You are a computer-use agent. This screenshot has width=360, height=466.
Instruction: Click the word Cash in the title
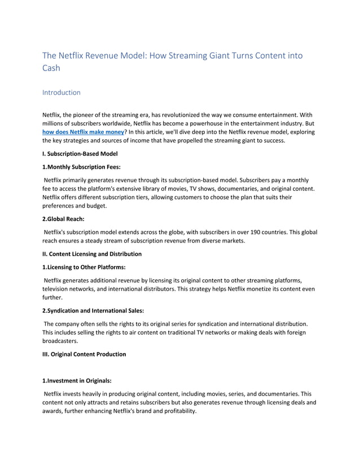click(51, 68)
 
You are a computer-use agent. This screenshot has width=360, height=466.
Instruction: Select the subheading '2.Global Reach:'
click(62, 218)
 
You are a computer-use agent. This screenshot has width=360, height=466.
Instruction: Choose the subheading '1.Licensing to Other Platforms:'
click(84, 267)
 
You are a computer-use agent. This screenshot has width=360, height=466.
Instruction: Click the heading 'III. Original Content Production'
click(84, 354)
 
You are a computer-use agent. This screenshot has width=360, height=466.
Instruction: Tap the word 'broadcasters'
click(60, 341)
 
